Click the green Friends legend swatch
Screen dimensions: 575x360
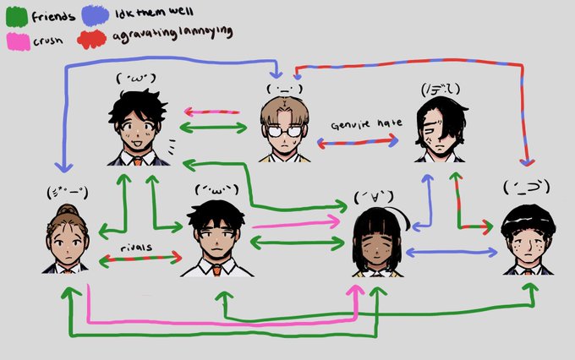(17, 14)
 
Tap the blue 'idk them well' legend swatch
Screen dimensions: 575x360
(95, 14)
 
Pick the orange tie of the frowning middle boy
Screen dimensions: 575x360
(217, 270)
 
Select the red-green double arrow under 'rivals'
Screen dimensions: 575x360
(140, 257)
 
